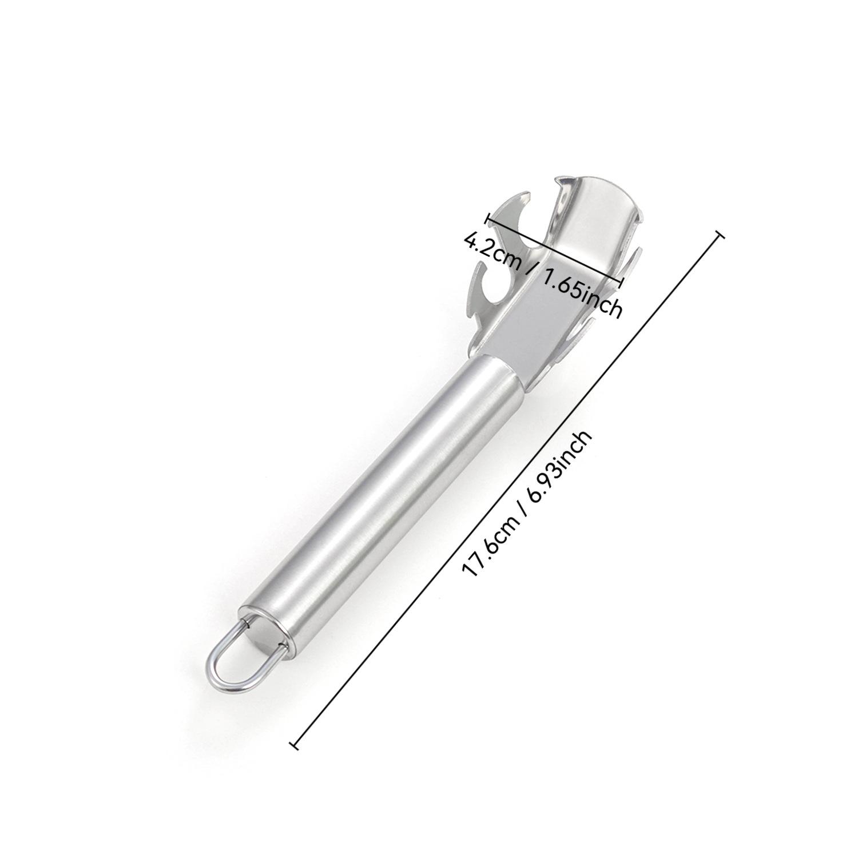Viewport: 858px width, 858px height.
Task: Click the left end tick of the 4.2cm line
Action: click(488, 219)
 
